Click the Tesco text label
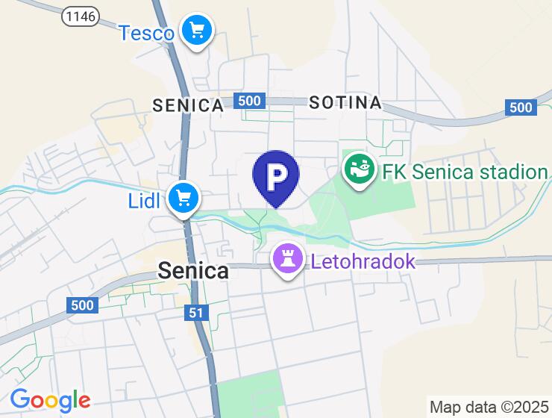pos(146,33)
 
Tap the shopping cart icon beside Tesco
pos(197,31)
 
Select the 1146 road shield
pos(81,16)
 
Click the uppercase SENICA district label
pos(188,105)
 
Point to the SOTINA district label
pos(345,102)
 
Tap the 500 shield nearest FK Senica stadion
pos(521,107)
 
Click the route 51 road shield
pos(196,314)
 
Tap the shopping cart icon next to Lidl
pos(182,199)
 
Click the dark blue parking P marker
pos(276,176)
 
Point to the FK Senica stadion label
pos(464,172)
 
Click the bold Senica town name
pos(193,271)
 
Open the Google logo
pos(50,400)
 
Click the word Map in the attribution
pos(445,407)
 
